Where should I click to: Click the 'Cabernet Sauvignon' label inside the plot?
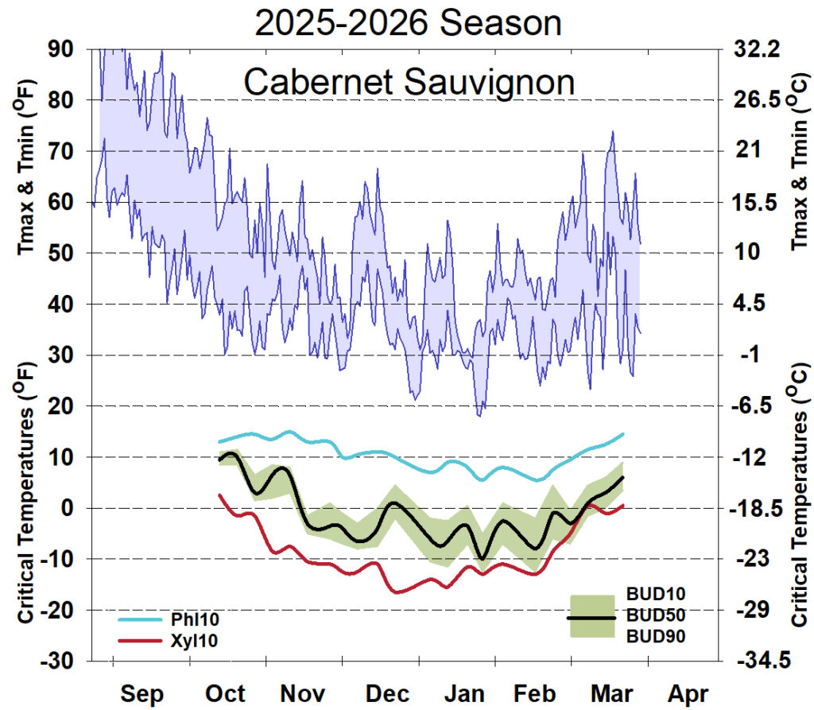(x=408, y=82)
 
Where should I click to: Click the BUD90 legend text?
(x=656, y=636)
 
